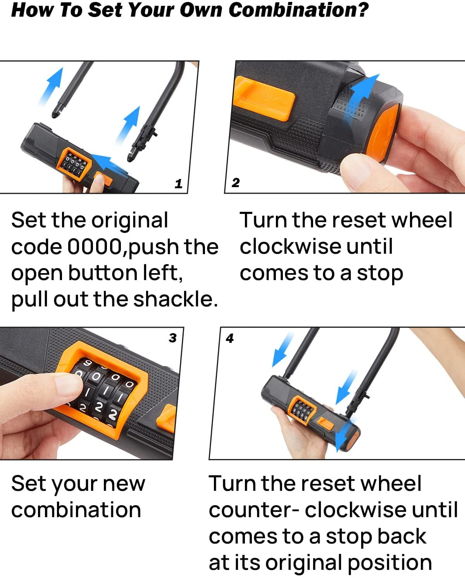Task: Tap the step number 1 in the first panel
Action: [178, 184]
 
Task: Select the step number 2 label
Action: [236, 182]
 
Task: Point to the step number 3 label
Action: [172, 338]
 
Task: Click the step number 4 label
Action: [230, 338]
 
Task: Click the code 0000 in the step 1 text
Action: [95, 246]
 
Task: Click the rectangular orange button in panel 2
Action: [264, 98]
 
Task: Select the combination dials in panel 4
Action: [302, 409]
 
